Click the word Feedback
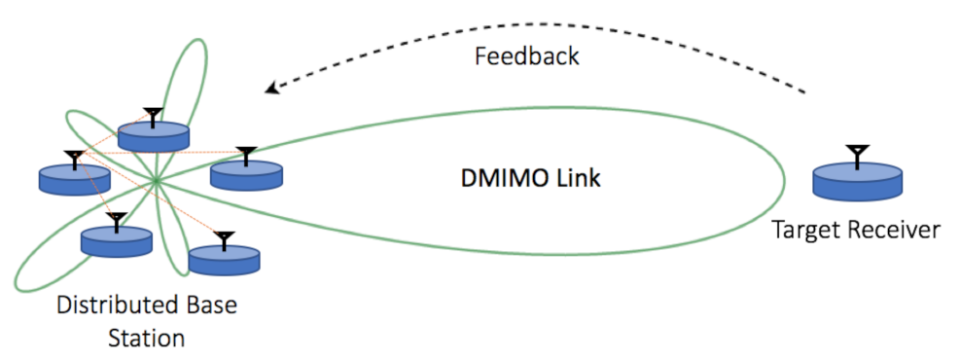[526, 56]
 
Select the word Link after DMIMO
[578, 179]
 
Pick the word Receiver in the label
[890, 231]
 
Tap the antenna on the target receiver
[857, 156]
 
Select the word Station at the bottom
[146, 338]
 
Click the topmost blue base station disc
[153, 136]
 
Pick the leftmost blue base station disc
[75, 180]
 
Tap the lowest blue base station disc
[224, 260]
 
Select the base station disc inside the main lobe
[247, 174]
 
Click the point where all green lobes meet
[156, 180]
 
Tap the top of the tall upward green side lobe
[195, 41]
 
